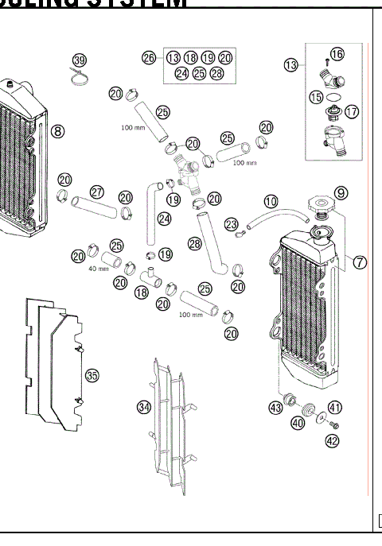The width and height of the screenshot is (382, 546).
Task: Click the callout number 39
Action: coord(79,61)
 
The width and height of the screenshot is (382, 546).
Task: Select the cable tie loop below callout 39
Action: coord(80,78)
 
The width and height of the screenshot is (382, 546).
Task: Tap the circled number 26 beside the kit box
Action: coord(149,57)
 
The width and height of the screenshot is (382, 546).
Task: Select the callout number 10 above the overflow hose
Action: coord(271,202)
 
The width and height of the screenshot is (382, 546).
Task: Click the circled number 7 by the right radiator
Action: coord(360,263)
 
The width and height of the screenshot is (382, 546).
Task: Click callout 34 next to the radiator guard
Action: coord(143,407)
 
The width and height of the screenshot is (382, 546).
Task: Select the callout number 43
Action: coord(275,408)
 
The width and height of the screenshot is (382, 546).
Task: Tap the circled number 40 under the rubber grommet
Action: coord(297,424)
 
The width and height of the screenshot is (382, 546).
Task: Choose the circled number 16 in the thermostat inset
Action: coord(337,54)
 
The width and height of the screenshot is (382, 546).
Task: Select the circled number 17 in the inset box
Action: coord(351,112)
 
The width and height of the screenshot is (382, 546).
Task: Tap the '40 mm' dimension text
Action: coord(98,268)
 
